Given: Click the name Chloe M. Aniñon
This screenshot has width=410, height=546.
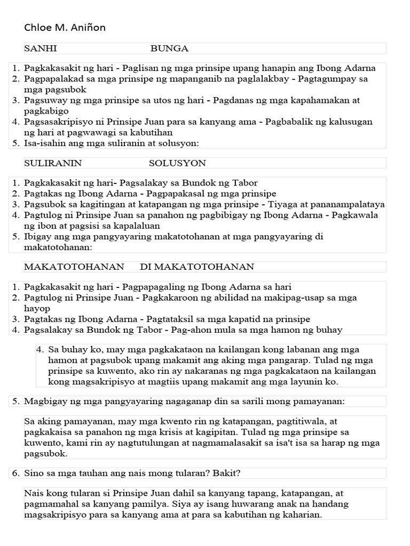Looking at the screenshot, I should (x=65, y=28).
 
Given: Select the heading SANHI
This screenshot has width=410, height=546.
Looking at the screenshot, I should (x=41, y=49).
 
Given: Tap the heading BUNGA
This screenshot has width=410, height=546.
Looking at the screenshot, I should (x=169, y=49).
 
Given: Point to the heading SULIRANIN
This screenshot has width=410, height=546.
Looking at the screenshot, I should (x=53, y=163).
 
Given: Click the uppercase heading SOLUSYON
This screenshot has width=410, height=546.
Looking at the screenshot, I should (x=177, y=163).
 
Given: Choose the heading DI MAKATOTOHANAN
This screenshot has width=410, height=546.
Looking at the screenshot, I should (x=197, y=267).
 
